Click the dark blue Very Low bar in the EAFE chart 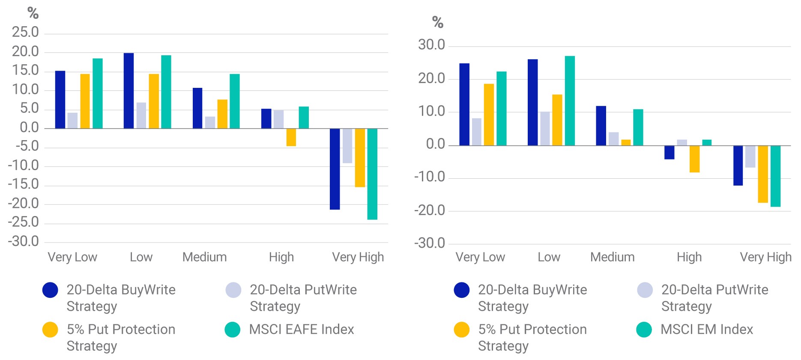coord(60,99)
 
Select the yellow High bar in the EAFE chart coord(291,137)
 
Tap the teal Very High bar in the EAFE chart coord(372,174)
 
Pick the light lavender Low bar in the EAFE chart coord(141,115)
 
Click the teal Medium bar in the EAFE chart coord(235,101)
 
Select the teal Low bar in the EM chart coord(570,101)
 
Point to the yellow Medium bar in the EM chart coord(626,143)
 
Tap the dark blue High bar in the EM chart coord(669,153)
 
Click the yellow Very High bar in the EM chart coord(763,174)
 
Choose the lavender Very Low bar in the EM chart coord(477,132)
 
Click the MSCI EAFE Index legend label coord(302,329)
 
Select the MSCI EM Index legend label coord(707,329)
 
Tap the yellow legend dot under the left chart coord(50,330)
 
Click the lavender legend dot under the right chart coord(645,290)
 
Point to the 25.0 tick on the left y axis coord(25,32)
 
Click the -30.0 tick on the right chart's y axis coord(430,243)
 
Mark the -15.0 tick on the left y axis coord(24,184)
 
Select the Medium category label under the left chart coord(205,257)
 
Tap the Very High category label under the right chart coord(766,257)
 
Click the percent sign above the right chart coord(437,22)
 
